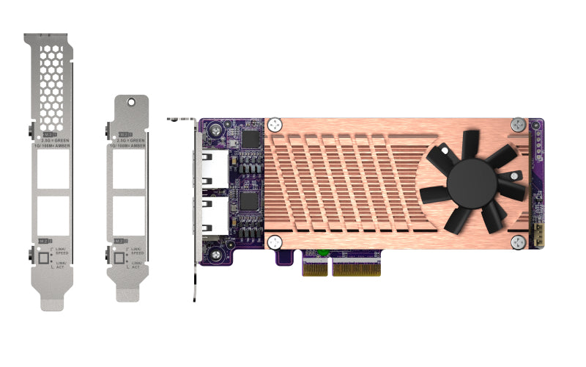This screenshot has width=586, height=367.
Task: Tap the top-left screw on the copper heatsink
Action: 275,125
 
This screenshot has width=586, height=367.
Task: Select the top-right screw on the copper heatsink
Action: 519,125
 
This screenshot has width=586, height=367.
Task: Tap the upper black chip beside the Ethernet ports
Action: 251,139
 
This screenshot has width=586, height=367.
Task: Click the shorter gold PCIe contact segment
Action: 316,269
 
